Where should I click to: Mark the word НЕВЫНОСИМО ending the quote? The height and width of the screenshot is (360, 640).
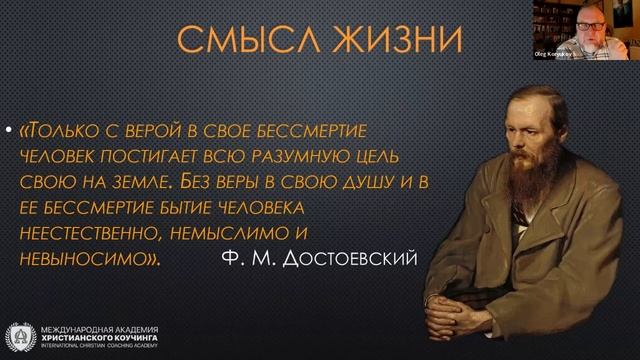coord(91,260)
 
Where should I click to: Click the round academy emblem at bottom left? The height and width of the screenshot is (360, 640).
coord(20,337)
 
